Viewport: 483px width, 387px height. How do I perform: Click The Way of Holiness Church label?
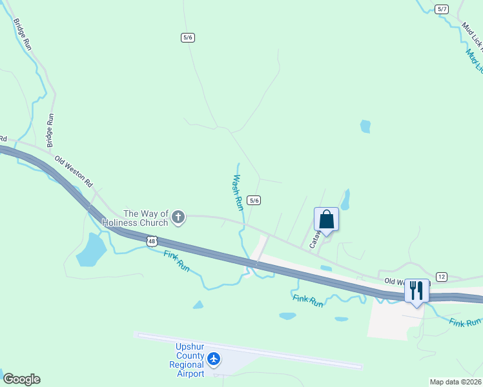(145, 218)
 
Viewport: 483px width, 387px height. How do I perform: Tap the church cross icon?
(178, 218)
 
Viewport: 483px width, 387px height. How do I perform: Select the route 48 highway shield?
(151, 241)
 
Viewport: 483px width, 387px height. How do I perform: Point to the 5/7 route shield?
(442, 9)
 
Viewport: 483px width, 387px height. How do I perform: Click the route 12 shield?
(442, 276)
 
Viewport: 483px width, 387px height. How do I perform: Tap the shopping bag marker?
(326, 220)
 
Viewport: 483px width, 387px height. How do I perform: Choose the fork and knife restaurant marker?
(416, 291)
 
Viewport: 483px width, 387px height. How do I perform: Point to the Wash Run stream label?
(238, 192)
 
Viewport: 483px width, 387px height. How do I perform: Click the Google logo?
(21, 379)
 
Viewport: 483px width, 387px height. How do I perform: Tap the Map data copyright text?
(455, 382)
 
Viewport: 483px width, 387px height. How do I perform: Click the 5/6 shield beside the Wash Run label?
(254, 201)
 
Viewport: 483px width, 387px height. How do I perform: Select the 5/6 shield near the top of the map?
(188, 37)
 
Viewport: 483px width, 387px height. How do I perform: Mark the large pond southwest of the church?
(90, 250)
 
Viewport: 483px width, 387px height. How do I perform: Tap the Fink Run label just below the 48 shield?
(176, 260)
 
